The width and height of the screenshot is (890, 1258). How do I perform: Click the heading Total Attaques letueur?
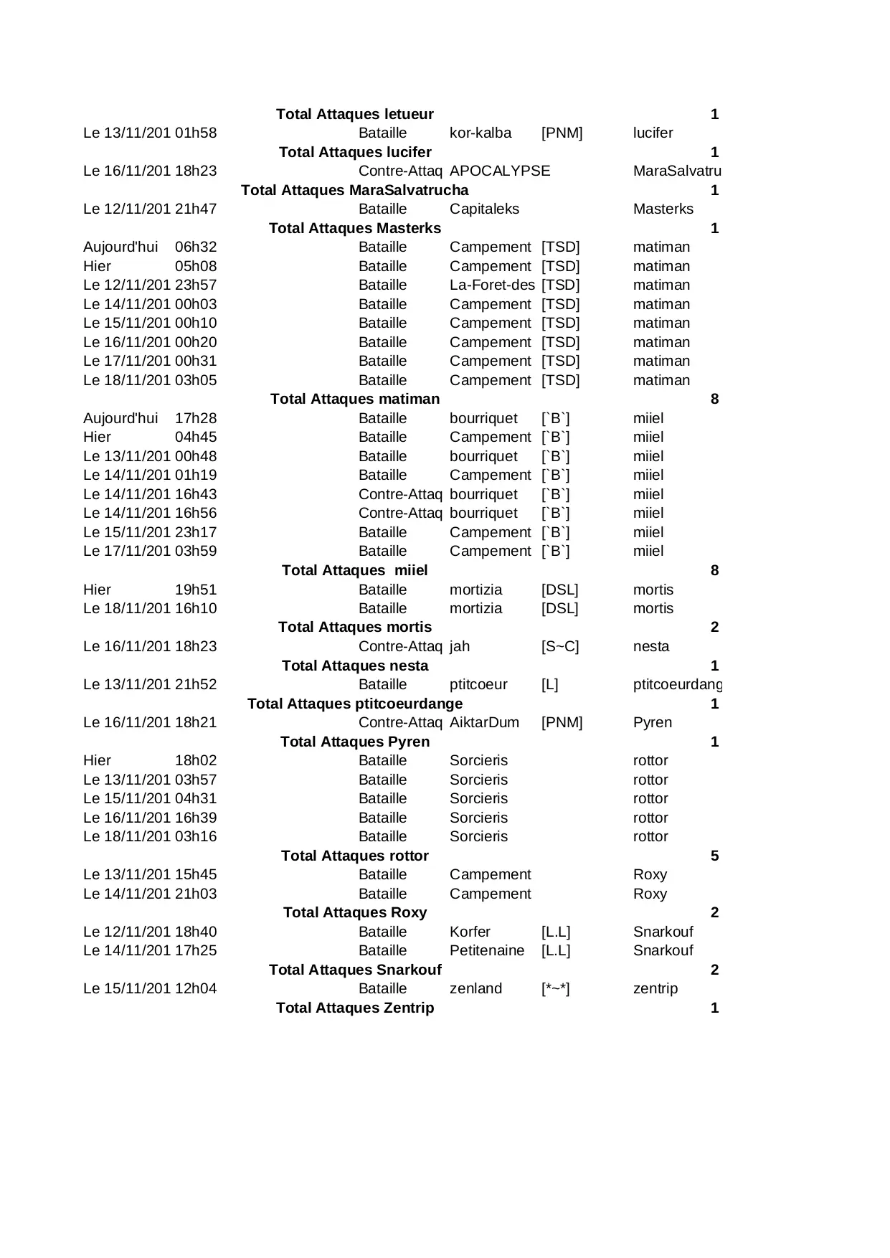coord(354,114)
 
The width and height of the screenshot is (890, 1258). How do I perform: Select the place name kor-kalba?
coord(480,133)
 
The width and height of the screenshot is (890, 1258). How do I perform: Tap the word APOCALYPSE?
coord(499,171)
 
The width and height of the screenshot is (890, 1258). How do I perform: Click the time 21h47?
coord(195,209)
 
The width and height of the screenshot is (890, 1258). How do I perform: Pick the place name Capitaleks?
coord(483,209)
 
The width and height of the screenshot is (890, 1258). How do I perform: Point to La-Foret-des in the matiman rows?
coord(492,285)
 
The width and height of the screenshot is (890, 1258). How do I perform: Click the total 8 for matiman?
coord(714,399)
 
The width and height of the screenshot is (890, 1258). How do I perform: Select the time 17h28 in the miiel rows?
coord(195,419)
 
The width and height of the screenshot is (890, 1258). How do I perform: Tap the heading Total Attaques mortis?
coord(354,628)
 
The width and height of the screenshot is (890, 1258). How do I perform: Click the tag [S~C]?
coord(559,647)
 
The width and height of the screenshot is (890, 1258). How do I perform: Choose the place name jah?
coord(459,647)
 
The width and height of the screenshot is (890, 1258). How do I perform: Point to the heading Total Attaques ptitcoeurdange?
coord(354,704)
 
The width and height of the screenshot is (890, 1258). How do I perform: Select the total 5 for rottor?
coord(714,856)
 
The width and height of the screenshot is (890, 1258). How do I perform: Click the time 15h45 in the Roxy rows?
coord(195,875)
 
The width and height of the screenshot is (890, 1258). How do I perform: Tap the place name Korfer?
coord(469,932)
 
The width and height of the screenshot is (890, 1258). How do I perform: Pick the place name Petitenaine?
coord(486,951)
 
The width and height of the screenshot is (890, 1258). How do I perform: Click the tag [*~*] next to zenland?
coord(555,989)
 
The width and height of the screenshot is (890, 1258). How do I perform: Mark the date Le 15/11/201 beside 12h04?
coord(126,989)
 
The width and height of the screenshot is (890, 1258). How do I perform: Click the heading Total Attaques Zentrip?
coord(354,1008)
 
